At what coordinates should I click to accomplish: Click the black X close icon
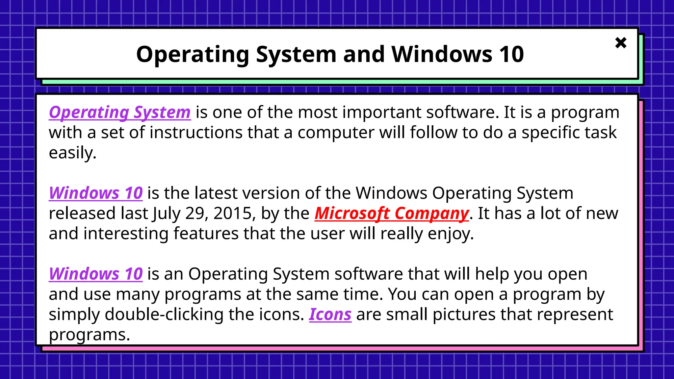tap(621, 43)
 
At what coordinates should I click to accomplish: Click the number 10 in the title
tap(511, 54)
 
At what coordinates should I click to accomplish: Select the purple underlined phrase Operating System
tap(120, 113)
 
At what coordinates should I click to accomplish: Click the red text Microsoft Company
tap(392, 214)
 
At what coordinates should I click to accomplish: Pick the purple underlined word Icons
tap(330, 315)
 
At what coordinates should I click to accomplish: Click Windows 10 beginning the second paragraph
tap(96, 193)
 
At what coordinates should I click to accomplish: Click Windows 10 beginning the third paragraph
tap(96, 274)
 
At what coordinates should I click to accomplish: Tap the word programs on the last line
tap(89, 335)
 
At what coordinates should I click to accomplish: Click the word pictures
tap(464, 315)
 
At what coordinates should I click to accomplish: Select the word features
tap(206, 234)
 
